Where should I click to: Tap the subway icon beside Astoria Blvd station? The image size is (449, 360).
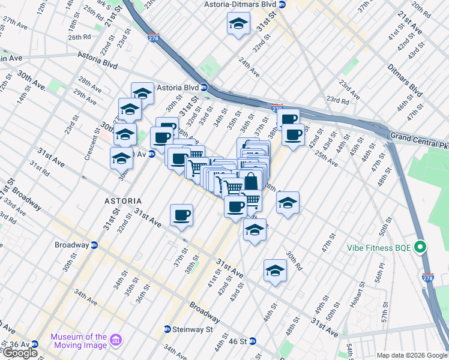[x=204, y=87]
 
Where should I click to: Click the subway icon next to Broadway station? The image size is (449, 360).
[x=94, y=245]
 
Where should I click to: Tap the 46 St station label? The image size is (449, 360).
[x=239, y=341]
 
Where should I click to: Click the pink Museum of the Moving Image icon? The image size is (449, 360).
[x=116, y=341]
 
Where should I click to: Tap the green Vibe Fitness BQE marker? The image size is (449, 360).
[x=420, y=247]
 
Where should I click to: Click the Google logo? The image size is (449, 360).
[x=20, y=353]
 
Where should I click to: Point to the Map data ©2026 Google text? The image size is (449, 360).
[x=412, y=355]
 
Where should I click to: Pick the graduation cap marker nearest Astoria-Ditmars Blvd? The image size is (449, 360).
[x=238, y=24]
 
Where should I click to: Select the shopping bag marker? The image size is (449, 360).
[x=252, y=181]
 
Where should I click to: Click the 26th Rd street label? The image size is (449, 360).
[x=79, y=37]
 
